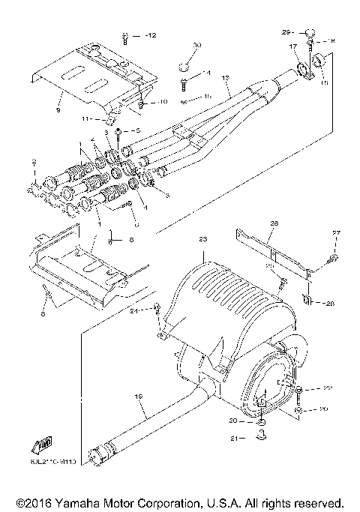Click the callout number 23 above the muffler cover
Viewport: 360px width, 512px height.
coord(201,238)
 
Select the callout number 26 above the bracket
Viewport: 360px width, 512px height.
coord(274,223)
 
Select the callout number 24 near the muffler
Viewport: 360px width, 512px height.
coord(132,310)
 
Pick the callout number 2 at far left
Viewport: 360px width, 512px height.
coord(34,161)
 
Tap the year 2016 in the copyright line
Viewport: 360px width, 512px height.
coord(34,502)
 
